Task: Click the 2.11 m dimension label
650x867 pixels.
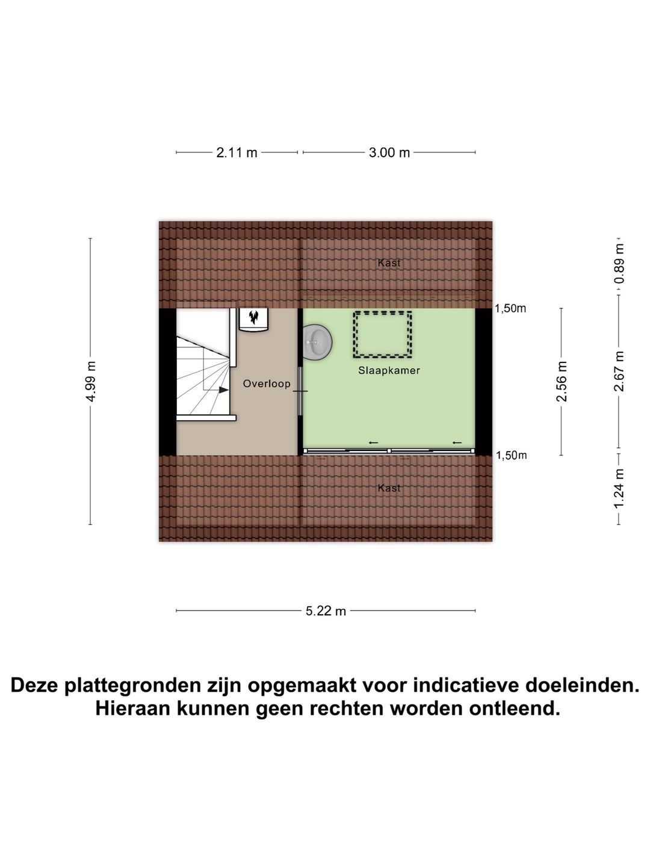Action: [237, 153]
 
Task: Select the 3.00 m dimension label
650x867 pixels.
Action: [389, 153]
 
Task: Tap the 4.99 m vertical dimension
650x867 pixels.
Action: [90, 382]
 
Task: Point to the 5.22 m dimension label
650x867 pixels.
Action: [326, 611]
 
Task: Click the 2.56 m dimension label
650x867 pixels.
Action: [562, 382]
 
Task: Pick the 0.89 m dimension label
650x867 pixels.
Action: [619, 264]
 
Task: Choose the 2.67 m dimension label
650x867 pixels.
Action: [619, 371]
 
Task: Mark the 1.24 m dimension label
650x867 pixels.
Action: [619, 488]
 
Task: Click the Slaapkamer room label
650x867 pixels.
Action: [389, 370]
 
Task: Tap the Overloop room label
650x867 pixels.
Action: [267, 384]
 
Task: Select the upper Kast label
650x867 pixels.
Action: [389, 263]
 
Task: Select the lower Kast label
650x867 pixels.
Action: [389, 488]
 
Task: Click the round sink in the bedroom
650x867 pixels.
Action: [317, 342]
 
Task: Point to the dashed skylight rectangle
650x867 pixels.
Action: [383, 334]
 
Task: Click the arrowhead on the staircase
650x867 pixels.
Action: [223, 390]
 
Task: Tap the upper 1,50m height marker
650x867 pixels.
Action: [510, 309]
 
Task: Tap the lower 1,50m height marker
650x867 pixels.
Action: [511, 455]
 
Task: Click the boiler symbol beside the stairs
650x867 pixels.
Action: [254, 319]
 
